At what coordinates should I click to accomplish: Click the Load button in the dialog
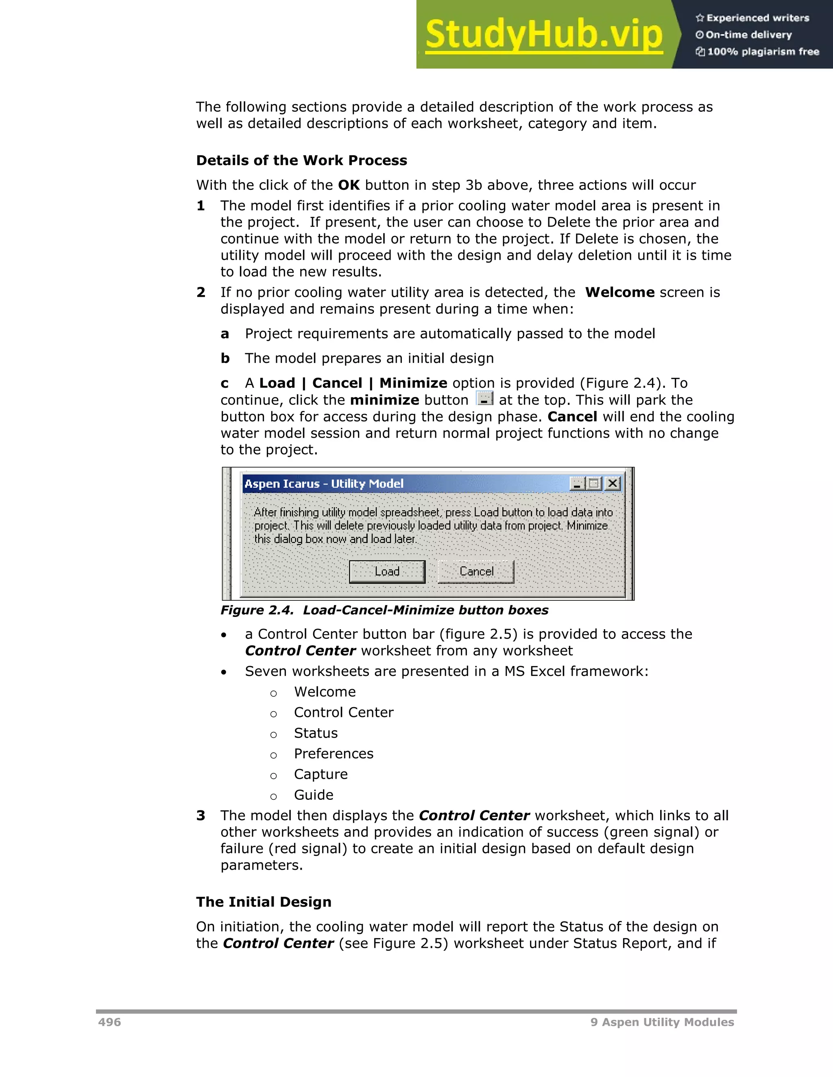pyautogui.click(x=387, y=571)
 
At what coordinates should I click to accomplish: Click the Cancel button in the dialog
pyautogui.click(x=476, y=571)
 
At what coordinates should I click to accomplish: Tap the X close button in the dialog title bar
pyautogui.click(x=613, y=483)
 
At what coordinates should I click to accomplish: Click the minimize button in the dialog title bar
pyautogui.click(x=577, y=484)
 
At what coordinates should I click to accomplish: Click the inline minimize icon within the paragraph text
pyautogui.click(x=484, y=398)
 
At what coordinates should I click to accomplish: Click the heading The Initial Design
pyautogui.click(x=264, y=902)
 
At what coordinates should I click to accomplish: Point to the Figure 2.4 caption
pyautogui.click(x=384, y=610)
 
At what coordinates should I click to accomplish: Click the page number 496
pyautogui.click(x=109, y=1022)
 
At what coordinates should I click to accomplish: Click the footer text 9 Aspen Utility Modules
pyautogui.click(x=662, y=1022)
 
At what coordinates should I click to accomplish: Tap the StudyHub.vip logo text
pyautogui.click(x=543, y=35)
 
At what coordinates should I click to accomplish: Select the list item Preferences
pyautogui.click(x=334, y=753)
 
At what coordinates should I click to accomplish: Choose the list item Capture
pyautogui.click(x=321, y=774)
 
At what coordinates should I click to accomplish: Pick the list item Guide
pyautogui.click(x=313, y=795)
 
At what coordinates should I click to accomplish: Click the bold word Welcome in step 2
pyautogui.click(x=619, y=293)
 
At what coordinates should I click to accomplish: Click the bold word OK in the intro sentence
pyautogui.click(x=349, y=185)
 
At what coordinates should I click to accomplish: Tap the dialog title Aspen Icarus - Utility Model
pyautogui.click(x=324, y=484)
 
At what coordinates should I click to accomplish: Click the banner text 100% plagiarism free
pyautogui.click(x=763, y=52)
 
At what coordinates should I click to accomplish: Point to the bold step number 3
pyautogui.click(x=201, y=816)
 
